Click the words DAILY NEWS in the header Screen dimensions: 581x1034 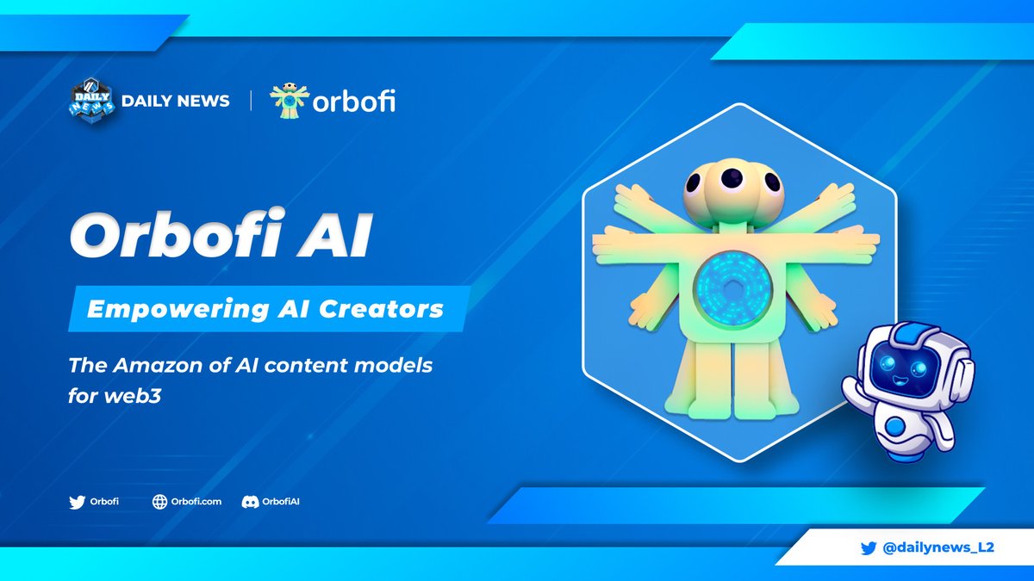click(175, 101)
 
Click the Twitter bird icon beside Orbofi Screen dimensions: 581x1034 click(77, 502)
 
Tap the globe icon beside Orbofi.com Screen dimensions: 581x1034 click(159, 502)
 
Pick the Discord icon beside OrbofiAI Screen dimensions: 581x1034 click(249, 502)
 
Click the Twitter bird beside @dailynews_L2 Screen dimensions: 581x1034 click(869, 547)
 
